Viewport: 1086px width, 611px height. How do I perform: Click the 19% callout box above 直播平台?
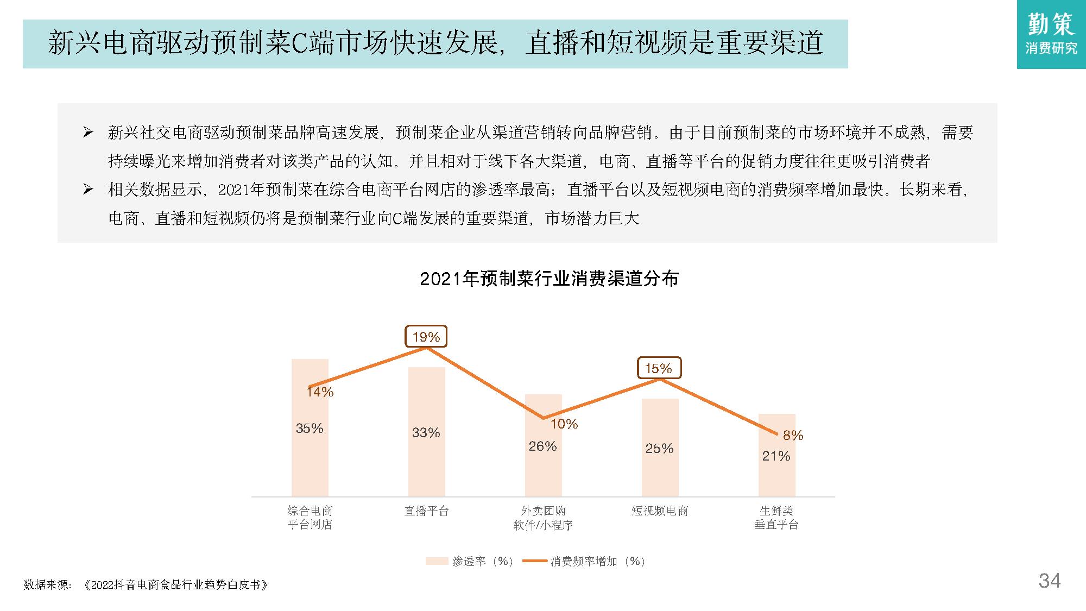426,337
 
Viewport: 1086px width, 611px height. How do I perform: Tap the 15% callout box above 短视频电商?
659,368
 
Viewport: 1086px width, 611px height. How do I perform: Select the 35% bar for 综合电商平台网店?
310,445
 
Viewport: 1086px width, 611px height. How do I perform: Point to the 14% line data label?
320,392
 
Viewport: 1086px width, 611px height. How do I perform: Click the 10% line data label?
564,424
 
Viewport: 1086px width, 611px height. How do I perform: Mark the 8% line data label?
793,435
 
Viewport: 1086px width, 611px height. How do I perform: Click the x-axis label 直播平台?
426,511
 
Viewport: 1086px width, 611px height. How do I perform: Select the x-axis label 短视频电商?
660,511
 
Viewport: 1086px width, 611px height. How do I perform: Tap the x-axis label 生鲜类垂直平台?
776,518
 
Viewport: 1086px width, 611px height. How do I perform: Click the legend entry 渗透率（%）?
470,561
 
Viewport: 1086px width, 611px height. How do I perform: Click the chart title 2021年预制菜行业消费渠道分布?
549,279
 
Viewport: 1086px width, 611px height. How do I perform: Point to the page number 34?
1049,581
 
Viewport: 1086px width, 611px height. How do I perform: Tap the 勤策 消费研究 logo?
1051,34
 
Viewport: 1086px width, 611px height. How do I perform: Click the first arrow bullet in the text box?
88,132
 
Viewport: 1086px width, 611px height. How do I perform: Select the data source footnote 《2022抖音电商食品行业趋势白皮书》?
176,585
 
